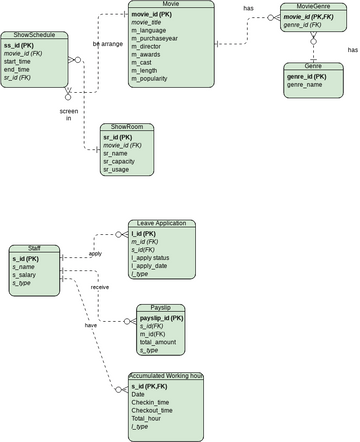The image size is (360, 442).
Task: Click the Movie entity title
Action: (x=170, y=5)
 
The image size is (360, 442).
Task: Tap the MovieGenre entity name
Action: (x=309, y=7)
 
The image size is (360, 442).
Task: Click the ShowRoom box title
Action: (x=128, y=127)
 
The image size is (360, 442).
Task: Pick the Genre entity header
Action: (x=312, y=65)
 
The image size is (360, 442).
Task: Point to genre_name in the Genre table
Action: (x=306, y=85)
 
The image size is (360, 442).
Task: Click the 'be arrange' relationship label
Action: (x=107, y=45)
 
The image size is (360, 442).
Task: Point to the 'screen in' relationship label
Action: (x=68, y=114)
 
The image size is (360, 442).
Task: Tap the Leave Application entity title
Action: (x=161, y=223)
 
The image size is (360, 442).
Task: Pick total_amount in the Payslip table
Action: (x=159, y=342)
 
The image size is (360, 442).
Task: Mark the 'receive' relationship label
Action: (x=100, y=287)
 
